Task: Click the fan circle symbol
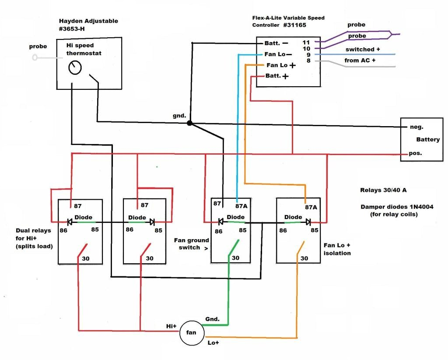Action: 192,333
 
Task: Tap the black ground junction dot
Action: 189,124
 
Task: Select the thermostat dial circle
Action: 75,68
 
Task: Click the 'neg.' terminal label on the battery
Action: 416,127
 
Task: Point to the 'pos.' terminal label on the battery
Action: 416,154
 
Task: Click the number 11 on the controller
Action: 306,42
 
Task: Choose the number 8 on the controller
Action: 308,61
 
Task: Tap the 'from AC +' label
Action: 360,60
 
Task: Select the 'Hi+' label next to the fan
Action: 171,326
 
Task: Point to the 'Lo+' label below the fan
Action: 213,343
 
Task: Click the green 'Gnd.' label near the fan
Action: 213,319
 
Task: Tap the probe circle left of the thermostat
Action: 35,57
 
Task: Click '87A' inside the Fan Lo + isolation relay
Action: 311,208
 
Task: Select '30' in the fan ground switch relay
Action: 235,258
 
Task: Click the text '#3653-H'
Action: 74,29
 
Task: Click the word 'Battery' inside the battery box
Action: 428,140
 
